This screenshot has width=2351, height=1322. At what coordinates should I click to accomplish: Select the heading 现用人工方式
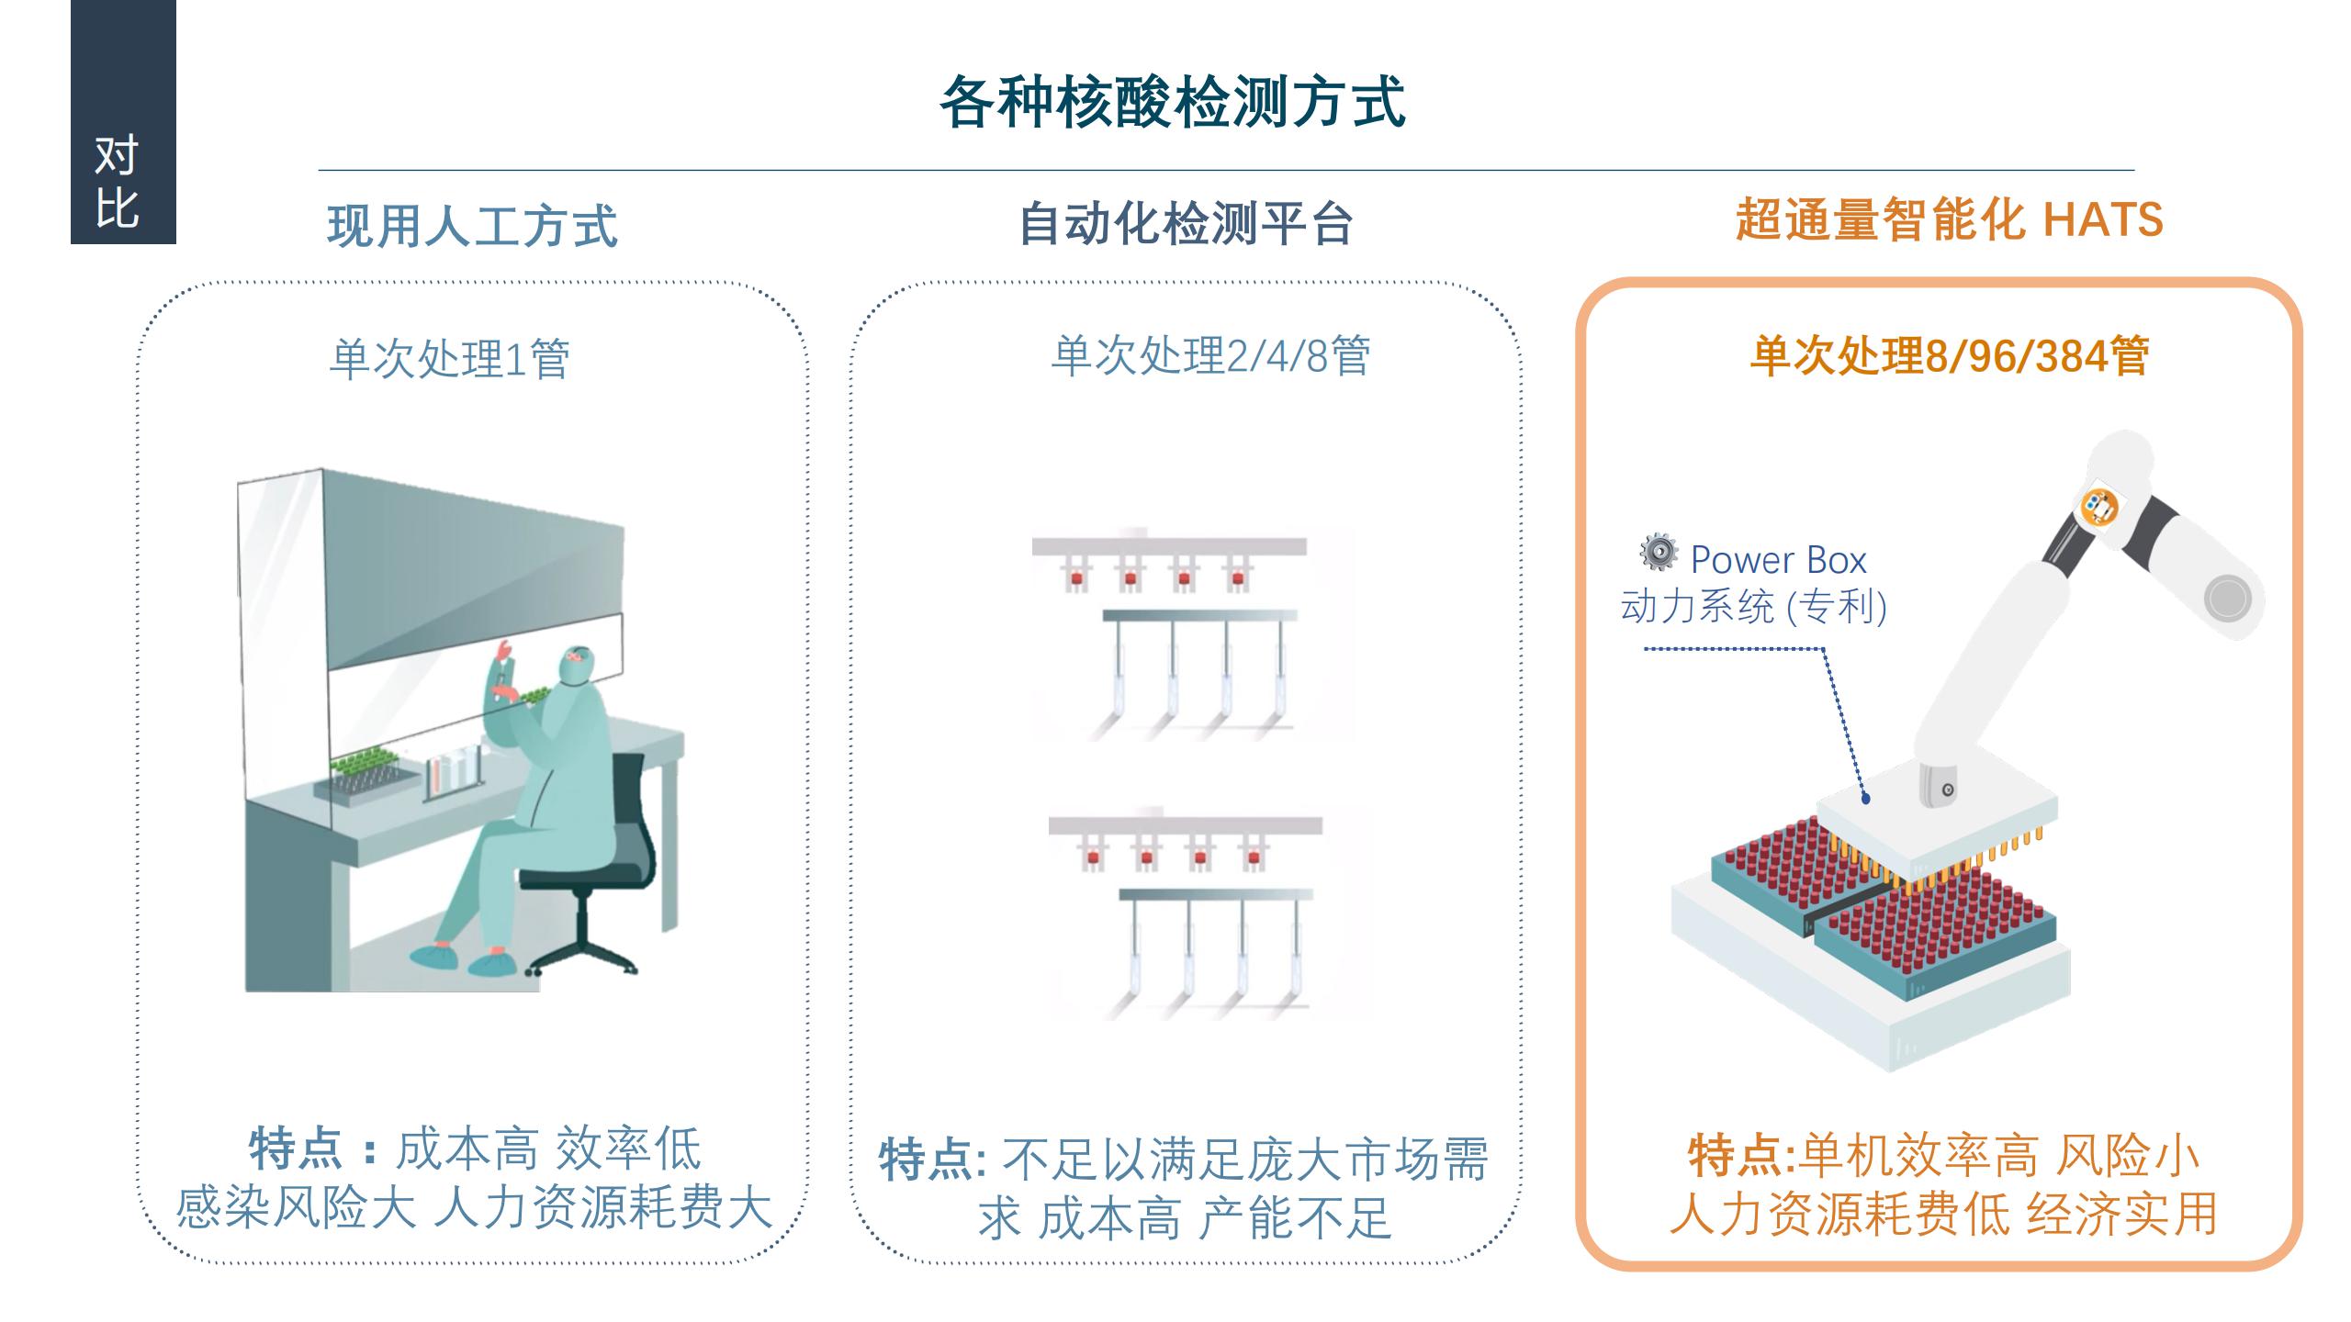(472, 226)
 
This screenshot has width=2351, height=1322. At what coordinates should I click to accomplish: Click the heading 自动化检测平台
(1186, 224)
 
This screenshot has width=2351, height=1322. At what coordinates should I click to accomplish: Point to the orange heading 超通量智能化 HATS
(1949, 220)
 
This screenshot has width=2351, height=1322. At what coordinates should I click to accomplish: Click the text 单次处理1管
(449, 358)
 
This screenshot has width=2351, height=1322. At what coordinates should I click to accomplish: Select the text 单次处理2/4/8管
(1210, 355)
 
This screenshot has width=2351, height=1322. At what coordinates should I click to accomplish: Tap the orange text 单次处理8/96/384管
(1949, 355)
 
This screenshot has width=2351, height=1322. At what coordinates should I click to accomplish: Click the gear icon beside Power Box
(1658, 552)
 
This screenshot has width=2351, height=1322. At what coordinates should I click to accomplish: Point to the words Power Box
(1778, 560)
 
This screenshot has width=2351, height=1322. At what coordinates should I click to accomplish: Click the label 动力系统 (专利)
(1753, 607)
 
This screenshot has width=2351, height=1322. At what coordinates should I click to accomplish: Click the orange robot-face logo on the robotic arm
(2098, 506)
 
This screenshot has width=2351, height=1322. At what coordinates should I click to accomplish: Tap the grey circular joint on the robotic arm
(2227, 599)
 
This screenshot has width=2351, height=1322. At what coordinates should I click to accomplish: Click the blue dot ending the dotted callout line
(1866, 800)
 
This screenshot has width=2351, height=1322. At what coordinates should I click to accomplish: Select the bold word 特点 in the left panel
(296, 1148)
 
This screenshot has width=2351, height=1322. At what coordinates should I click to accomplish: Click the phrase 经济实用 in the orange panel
(2122, 1214)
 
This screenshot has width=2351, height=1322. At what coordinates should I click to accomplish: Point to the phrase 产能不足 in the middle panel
(1295, 1218)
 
